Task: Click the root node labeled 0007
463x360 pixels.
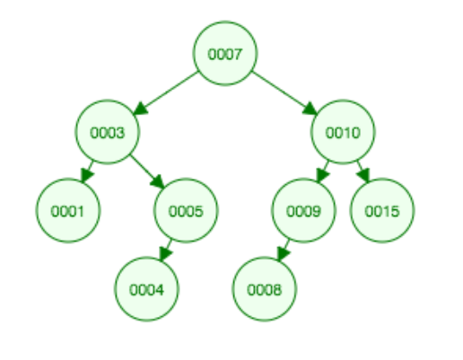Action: tap(225, 53)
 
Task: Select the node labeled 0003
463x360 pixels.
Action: tap(107, 132)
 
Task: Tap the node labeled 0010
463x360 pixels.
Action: tap(343, 132)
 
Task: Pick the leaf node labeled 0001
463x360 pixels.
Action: tap(68, 210)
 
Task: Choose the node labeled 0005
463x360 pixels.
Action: tap(186, 210)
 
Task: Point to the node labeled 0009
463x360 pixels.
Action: tap(303, 210)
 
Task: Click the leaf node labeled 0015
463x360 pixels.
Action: tap(382, 210)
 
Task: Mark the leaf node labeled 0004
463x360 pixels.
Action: tap(146, 289)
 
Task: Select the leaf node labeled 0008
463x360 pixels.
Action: tap(265, 289)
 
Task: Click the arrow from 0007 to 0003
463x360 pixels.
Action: tap(165, 93)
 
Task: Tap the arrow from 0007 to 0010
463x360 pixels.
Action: tap(284, 93)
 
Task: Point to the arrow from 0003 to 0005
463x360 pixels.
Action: tap(147, 172)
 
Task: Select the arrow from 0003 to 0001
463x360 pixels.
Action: tap(87, 171)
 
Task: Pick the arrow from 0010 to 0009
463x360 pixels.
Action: tap(323, 171)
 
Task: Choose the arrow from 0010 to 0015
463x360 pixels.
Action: tap(363, 171)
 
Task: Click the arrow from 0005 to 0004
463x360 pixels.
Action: tap(165, 250)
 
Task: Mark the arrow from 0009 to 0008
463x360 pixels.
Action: tap(284, 250)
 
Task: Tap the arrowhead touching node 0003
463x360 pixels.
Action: tap(140, 109)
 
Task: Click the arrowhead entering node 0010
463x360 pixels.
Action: tap(310, 109)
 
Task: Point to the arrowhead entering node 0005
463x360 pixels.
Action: tap(157, 181)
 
